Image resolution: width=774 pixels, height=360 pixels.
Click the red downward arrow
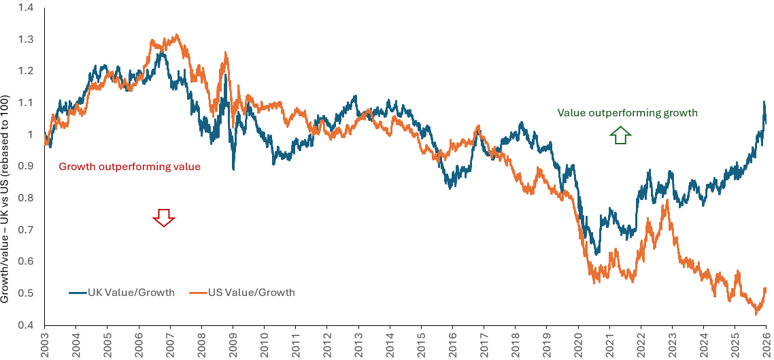(x=163, y=218)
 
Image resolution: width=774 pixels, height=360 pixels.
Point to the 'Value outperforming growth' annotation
(x=627, y=113)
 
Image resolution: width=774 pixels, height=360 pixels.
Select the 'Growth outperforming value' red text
(x=129, y=166)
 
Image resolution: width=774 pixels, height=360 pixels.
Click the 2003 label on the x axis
(x=45, y=344)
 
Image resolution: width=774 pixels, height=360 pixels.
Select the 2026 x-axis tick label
(x=766, y=344)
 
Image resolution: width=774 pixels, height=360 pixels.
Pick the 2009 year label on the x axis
(x=233, y=344)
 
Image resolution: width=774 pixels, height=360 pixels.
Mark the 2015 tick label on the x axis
(x=421, y=344)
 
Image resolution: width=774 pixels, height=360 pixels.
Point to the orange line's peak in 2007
(x=176, y=35)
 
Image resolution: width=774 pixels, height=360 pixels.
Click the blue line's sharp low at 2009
(x=233, y=168)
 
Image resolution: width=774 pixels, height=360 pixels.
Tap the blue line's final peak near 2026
(x=764, y=103)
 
